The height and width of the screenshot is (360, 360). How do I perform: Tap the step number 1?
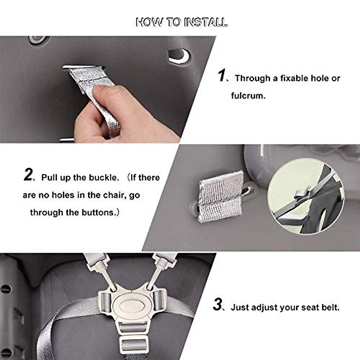221,76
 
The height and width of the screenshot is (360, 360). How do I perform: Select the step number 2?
28,175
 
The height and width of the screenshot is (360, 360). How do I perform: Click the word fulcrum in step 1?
248,96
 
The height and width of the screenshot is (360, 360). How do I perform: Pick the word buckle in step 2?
105,178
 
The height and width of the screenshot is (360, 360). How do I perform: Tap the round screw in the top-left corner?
37,39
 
